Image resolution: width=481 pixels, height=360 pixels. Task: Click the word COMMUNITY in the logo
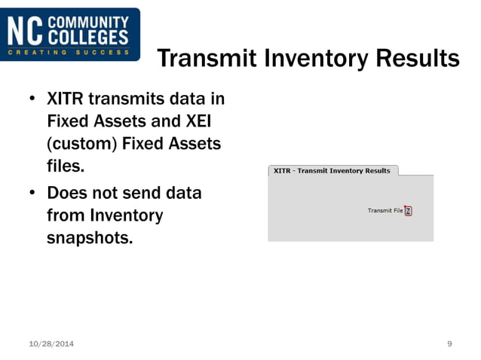87,23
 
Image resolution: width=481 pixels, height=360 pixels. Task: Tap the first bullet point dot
32,99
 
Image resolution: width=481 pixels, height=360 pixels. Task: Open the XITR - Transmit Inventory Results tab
332,171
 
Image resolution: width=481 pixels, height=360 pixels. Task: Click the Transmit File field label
384,210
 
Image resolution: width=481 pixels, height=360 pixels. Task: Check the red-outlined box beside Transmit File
408,211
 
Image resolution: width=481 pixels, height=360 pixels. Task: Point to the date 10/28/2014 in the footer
51,344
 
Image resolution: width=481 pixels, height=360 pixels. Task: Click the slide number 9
449,344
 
